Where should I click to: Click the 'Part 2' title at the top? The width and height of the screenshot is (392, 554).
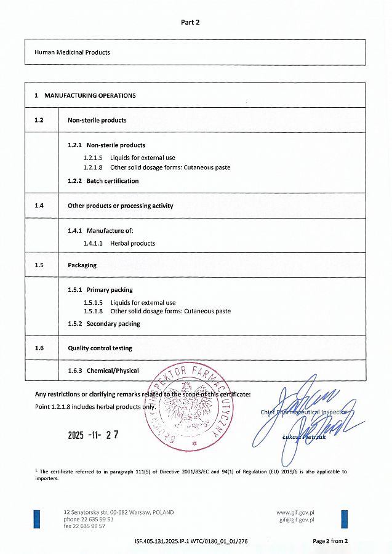click(190, 22)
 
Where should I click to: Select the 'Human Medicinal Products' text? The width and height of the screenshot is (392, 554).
click(73, 52)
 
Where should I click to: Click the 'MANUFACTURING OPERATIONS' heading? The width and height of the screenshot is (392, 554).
click(90, 95)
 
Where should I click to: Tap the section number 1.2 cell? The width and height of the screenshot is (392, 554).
click(39, 120)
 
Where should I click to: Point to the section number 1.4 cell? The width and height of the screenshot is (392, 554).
click(39, 206)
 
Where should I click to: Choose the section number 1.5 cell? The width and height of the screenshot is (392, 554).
click(39, 265)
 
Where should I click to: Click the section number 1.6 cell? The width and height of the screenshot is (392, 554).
click(39, 348)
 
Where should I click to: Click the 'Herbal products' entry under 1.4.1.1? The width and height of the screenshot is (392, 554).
click(132, 243)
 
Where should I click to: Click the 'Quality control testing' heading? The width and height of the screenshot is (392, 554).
click(100, 348)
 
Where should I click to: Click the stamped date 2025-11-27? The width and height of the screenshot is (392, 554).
click(93, 435)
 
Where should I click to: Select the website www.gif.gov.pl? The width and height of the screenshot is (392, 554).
click(296, 512)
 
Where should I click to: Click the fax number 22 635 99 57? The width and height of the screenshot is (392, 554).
click(84, 526)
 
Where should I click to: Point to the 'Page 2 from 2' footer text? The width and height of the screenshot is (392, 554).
click(330, 542)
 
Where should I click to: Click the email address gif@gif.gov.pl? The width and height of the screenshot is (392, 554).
click(297, 520)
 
